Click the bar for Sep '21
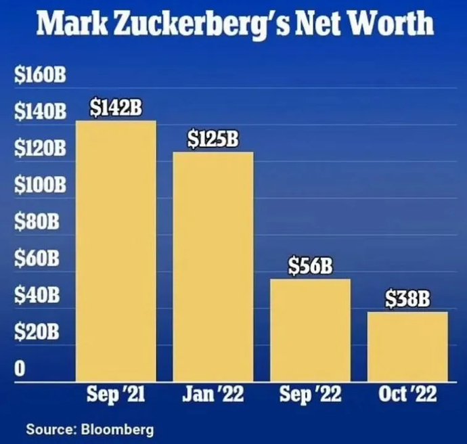pyautogui.click(x=116, y=250)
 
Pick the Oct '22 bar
pyautogui.click(x=408, y=346)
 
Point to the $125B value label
pyautogui.click(x=213, y=139)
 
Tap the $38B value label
pyautogui.click(x=408, y=298)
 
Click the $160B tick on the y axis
pyautogui.click(x=40, y=76)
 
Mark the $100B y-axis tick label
pyautogui.click(x=40, y=185)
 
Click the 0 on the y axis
pyautogui.click(x=20, y=369)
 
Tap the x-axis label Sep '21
pyautogui.click(x=116, y=395)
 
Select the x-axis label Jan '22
pyautogui.click(x=213, y=395)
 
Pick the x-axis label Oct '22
pyautogui.click(x=408, y=395)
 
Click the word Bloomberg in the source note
pyautogui.click(x=117, y=429)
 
